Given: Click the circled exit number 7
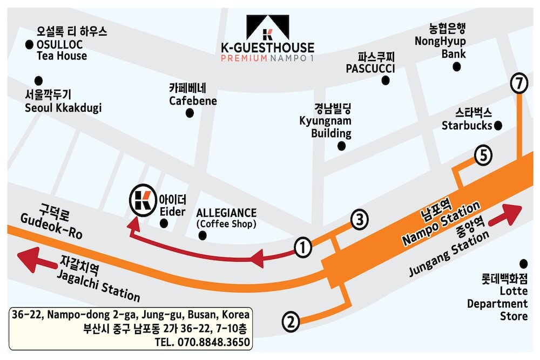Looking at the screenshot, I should (519, 84).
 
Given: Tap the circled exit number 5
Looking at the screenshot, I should (483, 156).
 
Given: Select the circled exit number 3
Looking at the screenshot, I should (360, 220).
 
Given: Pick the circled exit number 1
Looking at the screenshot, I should (304, 248).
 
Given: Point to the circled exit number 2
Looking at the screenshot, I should (291, 323).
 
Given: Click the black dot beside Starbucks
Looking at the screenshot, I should (498, 126).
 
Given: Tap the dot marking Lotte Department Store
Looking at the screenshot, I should (523, 263).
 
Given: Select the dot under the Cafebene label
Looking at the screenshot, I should (190, 113).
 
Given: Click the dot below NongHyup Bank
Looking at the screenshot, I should (457, 67).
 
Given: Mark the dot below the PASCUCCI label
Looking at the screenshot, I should (386, 81).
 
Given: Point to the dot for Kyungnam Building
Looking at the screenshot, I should (341, 146).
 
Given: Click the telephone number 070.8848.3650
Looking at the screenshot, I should (211, 342).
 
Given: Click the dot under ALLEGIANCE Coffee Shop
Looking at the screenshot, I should (202, 235).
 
